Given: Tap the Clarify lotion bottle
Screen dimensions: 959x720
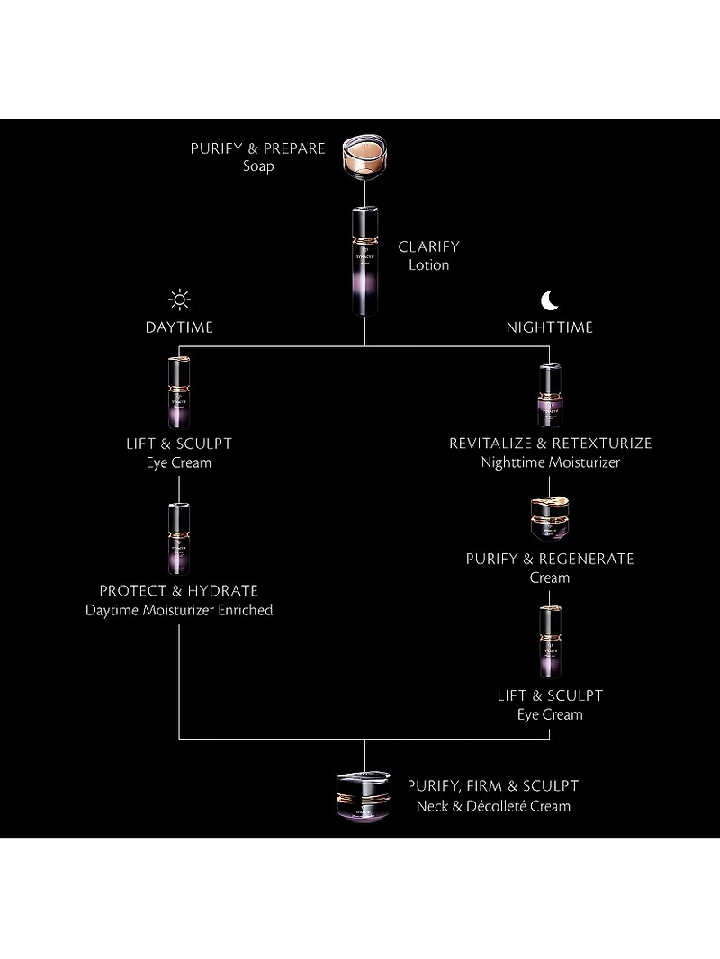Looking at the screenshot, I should pyautogui.click(x=364, y=261).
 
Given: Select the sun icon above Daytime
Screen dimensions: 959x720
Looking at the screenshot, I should pyautogui.click(x=179, y=300).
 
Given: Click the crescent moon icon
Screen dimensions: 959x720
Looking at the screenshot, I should pyautogui.click(x=549, y=300).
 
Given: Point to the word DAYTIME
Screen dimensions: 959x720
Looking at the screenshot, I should pyautogui.click(x=179, y=327).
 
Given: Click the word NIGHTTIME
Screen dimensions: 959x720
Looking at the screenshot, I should pyautogui.click(x=549, y=327).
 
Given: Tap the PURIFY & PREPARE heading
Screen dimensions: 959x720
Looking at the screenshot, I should pyautogui.click(x=257, y=148).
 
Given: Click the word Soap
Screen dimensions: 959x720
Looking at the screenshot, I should pyautogui.click(x=258, y=166).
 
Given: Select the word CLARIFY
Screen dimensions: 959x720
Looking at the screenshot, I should pyautogui.click(x=428, y=246).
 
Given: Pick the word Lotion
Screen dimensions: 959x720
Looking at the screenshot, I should pyautogui.click(x=428, y=265).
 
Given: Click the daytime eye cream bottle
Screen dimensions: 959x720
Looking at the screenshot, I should pyautogui.click(x=179, y=392).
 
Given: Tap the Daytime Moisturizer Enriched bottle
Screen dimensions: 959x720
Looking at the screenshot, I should pyautogui.click(x=179, y=539).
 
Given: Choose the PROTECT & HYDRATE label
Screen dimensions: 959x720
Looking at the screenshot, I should pyautogui.click(x=179, y=590).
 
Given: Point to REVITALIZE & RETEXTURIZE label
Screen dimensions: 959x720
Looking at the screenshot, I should pyautogui.click(x=550, y=443).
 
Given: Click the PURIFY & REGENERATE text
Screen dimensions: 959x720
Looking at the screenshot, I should pyautogui.click(x=550, y=559).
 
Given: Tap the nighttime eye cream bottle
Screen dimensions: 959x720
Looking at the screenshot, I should pyautogui.click(x=550, y=642).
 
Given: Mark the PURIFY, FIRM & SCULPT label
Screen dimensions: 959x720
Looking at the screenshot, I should pyautogui.click(x=493, y=786).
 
